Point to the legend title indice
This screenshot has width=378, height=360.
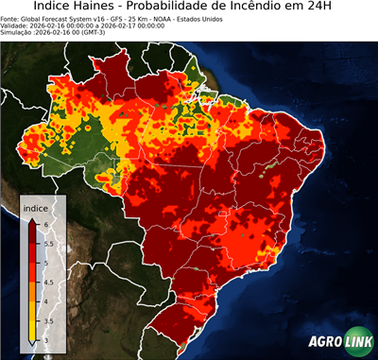[x=35, y=208]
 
